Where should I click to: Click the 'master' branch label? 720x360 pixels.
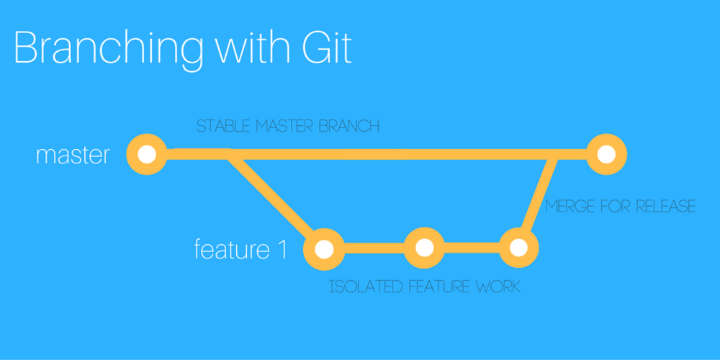click(73, 156)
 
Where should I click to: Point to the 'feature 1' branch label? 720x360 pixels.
click(240, 249)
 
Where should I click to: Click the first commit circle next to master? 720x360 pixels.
click(146, 154)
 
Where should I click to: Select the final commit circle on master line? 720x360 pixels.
click(606, 154)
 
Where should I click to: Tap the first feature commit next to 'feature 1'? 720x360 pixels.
click(324, 248)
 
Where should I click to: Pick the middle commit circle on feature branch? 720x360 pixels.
click(424, 248)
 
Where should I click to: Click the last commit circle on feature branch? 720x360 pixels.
click(519, 248)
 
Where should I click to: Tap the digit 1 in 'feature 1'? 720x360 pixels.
click(282, 249)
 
